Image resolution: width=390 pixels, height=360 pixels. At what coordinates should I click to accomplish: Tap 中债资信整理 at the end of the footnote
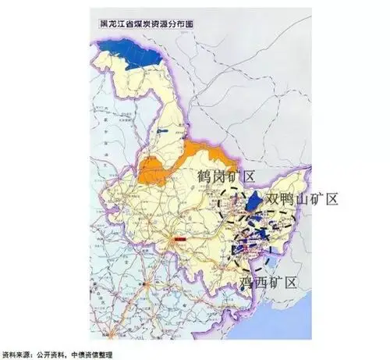point(86,354)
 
